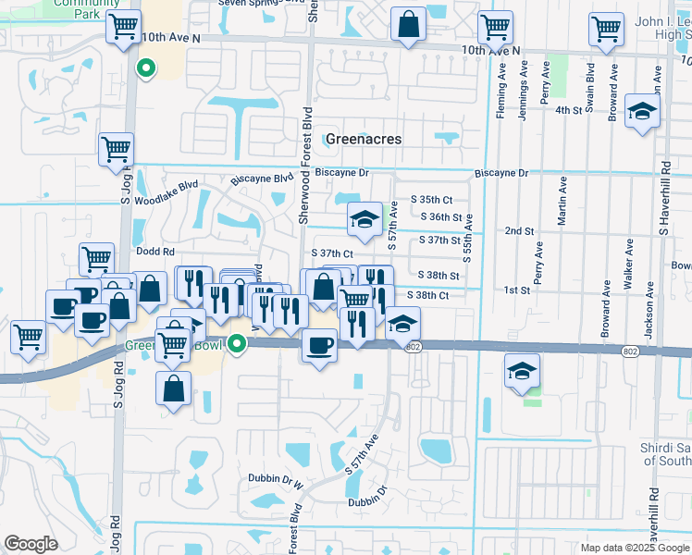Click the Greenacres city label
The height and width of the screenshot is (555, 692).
[364, 139]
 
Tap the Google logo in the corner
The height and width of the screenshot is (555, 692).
[31, 544]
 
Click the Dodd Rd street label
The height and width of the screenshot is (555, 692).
[154, 252]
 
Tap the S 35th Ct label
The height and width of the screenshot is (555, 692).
[436, 200]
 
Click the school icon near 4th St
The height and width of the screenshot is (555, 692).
[640, 112]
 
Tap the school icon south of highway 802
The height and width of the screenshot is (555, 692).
[522, 371]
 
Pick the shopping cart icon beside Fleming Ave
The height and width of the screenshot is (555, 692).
[497, 29]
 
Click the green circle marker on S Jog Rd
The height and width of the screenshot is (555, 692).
[145, 68]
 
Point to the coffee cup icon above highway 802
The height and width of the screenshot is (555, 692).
[320, 346]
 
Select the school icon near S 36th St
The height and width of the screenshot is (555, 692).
[365, 219]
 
